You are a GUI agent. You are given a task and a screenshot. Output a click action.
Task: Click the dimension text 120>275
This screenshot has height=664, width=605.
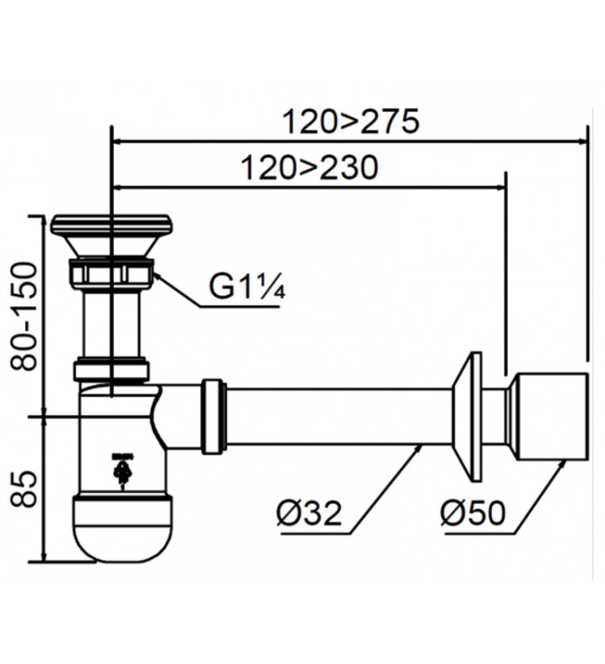point(349,121)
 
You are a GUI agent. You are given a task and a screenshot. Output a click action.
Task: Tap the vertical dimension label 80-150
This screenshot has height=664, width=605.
point(26,315)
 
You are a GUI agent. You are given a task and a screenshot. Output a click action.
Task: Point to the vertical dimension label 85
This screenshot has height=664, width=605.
point(26,489)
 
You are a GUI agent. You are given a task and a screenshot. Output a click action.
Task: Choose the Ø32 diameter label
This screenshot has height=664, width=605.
point(308,513)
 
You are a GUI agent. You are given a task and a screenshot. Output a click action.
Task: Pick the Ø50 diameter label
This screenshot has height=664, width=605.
point(472,513)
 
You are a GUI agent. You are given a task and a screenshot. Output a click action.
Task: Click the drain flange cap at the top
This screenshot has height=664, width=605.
point(111,224)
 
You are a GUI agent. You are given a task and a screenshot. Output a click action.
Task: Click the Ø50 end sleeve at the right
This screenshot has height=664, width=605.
point(550,416)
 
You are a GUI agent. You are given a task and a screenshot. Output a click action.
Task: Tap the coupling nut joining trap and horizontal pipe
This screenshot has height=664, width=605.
point(214,416)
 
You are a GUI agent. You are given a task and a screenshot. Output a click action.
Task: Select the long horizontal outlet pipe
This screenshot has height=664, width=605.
point(332,416)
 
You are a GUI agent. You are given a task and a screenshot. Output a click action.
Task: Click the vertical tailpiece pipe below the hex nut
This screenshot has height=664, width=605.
point(111,324)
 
